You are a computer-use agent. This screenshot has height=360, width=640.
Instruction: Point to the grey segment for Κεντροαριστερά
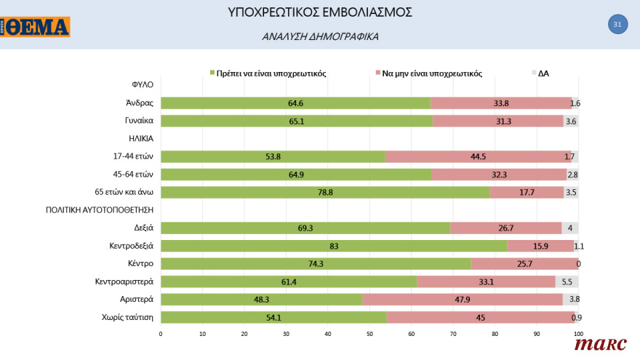tap(567, 281)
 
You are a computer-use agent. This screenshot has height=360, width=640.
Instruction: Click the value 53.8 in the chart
tap(273, 157)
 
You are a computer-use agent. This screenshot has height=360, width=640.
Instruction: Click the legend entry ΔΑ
tap(543, 73)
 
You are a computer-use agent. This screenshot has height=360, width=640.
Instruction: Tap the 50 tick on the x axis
tap(369, 334)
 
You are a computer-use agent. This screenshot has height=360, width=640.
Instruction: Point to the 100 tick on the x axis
tap(578, 334)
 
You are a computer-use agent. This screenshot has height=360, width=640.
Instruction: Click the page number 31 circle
tap(617, 24)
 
